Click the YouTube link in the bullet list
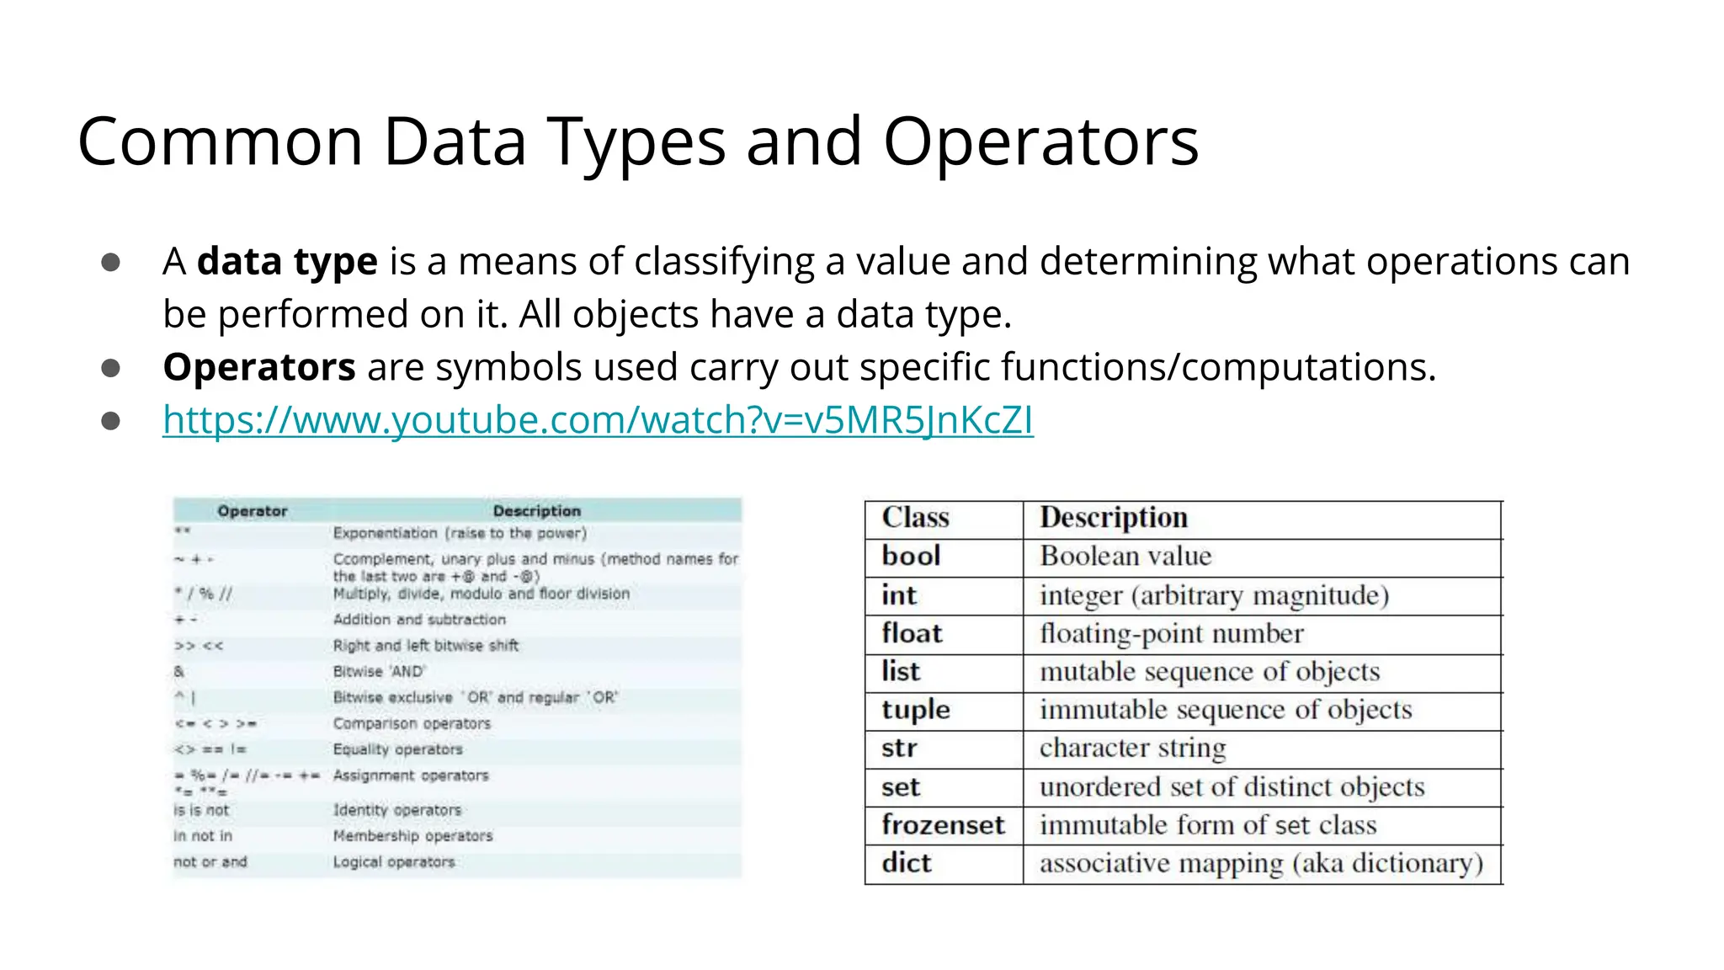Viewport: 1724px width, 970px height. [598, 419]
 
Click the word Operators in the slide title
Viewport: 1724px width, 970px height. [1040, 141]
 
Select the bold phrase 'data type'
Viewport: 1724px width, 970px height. [287, 262]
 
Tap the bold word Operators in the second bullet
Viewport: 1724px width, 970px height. [259, 367]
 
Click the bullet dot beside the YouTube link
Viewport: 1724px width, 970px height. [110, 420]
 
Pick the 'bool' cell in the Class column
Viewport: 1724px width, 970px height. [911, 557]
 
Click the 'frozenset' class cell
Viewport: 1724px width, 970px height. [943, 825]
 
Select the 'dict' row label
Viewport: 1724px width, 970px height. [907, 863]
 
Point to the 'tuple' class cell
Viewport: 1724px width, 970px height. [916, 710]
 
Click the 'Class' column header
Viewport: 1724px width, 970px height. [915, 518]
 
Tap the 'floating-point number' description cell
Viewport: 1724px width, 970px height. [1171, 634]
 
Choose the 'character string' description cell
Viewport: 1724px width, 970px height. [1132, 749]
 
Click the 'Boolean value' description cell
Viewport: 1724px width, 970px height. [1125, 557]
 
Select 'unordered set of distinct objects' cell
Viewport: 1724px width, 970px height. [1232, 787]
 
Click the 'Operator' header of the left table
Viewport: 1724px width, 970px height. [253, 511]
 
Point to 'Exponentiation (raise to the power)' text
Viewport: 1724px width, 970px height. [460, 533]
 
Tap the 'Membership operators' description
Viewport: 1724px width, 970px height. [412, 836]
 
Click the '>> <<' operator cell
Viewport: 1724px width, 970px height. [199, 646]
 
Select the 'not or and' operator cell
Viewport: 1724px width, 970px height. [210, 862]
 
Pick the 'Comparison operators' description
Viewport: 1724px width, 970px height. [412, 723]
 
